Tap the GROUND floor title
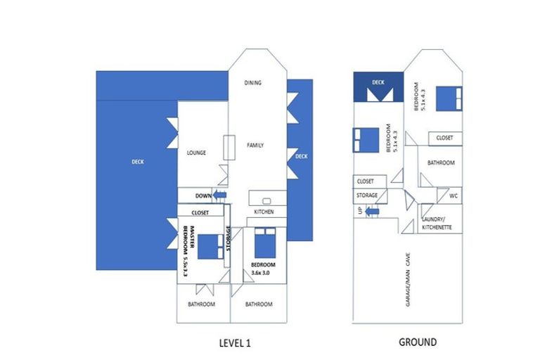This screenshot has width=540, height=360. tap(418, 342)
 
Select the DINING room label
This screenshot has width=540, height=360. tap(253, 83)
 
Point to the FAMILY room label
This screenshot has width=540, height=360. tap(255, 146)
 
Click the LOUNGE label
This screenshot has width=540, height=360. tap(196, 153)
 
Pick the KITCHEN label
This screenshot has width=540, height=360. tap(264, 212)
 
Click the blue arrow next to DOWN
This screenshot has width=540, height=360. tap(220, 195)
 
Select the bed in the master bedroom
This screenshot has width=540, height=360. tap(209, 246)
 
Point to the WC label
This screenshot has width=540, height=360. tap(454, 195)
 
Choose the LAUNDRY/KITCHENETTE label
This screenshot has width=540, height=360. tap(442, 224)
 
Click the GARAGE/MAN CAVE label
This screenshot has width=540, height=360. tap(407, 280)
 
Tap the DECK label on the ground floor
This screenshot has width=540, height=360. tap(378, 82)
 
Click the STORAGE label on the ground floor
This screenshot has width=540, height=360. tap(367, 195)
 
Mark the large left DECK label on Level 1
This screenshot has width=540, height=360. tap(138, 162)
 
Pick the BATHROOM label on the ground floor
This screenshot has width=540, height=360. tap(441, 162)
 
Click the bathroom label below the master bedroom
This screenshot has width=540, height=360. tap(201, 304)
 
